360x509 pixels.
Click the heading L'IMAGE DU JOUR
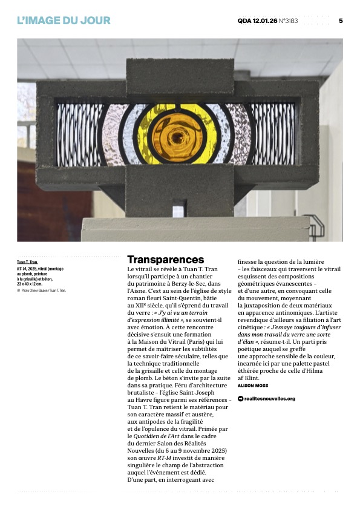[64, 21]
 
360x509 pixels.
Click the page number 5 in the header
[341, 21]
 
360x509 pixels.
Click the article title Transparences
[165, 260]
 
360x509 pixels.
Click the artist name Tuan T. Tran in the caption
[28, 263]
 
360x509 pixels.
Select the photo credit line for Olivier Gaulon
[42, 291]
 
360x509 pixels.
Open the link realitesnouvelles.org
[270, 399]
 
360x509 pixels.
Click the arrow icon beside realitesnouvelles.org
[240, 399]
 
